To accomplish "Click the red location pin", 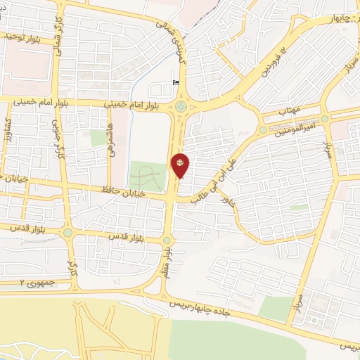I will click(181, 165).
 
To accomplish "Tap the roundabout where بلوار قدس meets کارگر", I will click(67, 233).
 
